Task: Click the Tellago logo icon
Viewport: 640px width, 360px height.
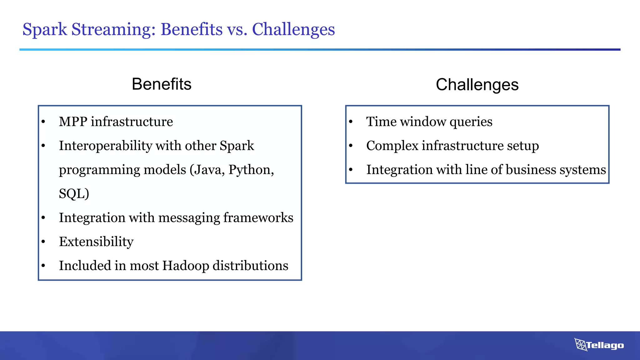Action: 581,345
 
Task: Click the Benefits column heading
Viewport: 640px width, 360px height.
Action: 162,84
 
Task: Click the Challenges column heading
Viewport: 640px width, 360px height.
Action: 477,85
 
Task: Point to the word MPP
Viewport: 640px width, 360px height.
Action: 73,122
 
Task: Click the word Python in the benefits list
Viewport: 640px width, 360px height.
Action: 251,170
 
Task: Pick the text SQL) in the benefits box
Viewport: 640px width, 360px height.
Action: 74,194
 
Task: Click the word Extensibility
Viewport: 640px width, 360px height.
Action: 96,242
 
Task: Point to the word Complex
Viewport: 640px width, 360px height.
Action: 392,146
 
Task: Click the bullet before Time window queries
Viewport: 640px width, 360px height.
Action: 351,122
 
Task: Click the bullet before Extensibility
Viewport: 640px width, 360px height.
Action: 43,242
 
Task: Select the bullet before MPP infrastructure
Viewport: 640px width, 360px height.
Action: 43,122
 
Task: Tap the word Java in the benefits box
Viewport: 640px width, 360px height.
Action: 209,170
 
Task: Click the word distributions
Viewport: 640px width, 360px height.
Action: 250,266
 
